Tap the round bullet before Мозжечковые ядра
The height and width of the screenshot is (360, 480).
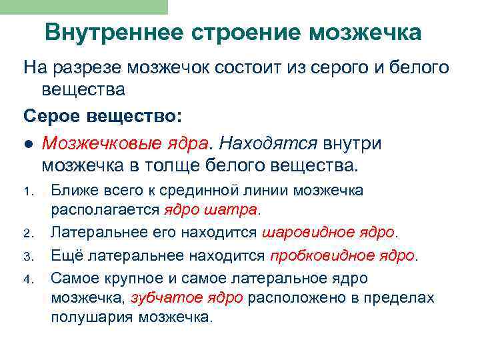29,143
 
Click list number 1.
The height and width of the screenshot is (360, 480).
28,192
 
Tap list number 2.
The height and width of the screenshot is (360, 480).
28,233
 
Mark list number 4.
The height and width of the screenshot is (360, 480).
28,277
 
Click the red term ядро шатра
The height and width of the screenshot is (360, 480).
209,210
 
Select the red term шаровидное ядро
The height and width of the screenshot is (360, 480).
329,233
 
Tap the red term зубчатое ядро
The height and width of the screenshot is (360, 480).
187,297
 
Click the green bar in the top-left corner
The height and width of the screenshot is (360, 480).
83,7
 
